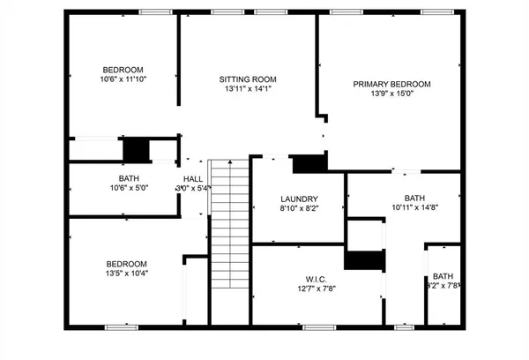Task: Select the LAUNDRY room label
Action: click(x=299, y=199)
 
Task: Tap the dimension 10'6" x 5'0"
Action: click(x=123, y=187)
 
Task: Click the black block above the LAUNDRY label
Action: click(x=309, y=163)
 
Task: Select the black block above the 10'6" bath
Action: click(x=136, y=150)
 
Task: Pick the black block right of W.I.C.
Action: click(x=364, y=261)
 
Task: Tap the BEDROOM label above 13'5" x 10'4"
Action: click(x=127, y=264)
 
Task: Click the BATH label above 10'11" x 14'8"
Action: click(x=414, y=199)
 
